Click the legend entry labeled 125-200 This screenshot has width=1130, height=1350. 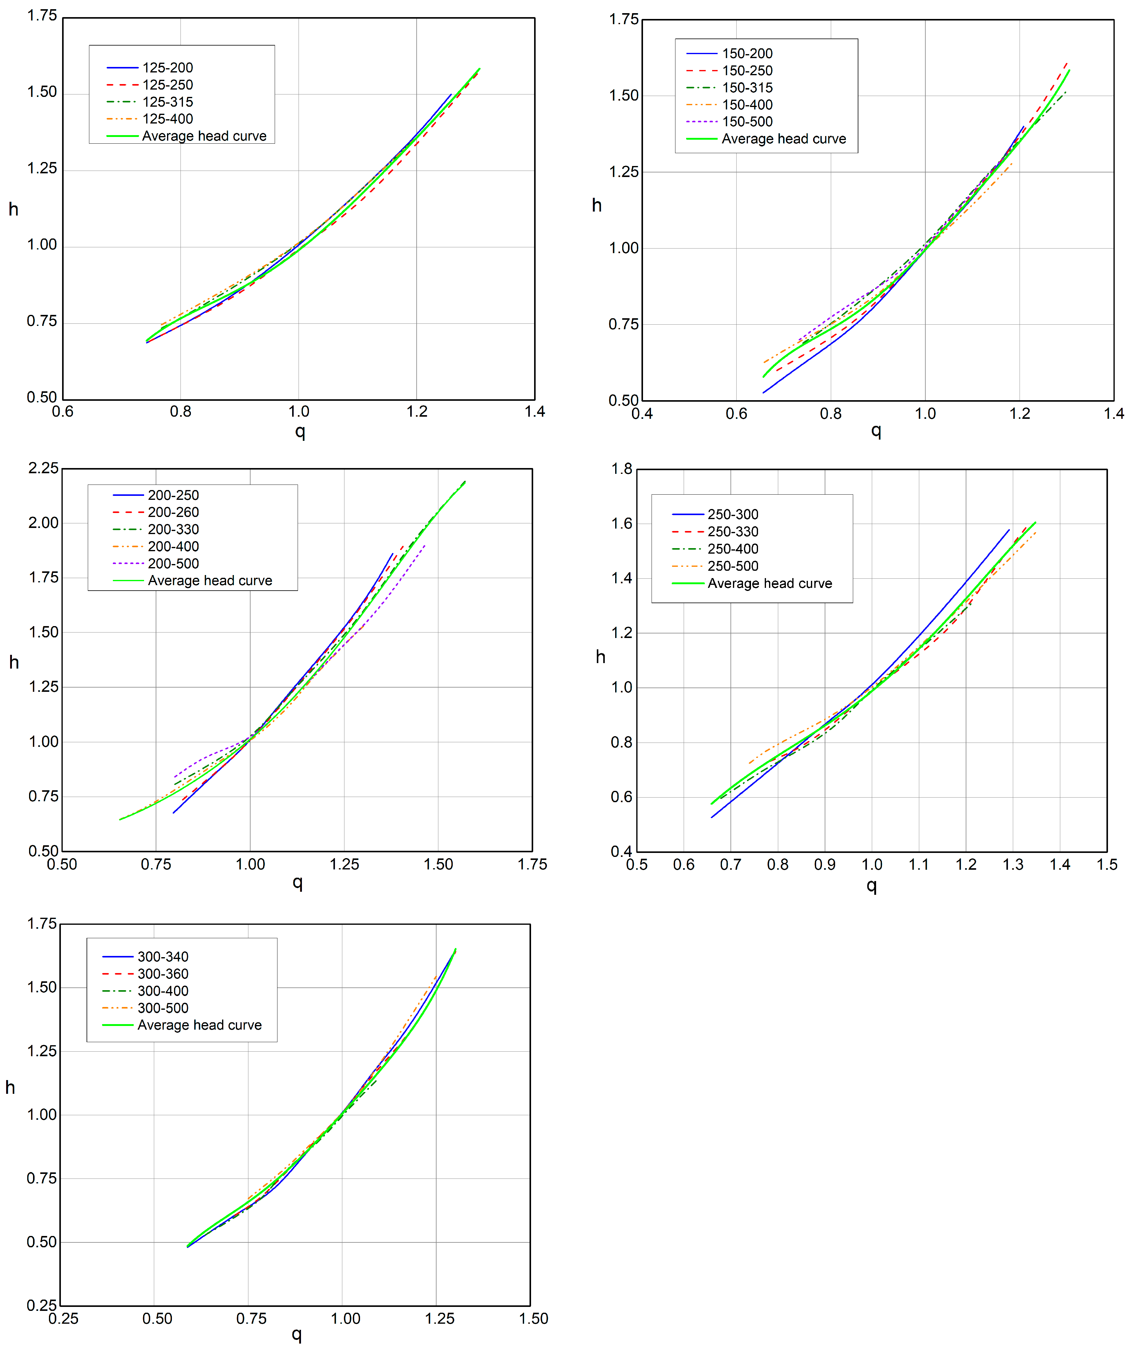pos(167,68)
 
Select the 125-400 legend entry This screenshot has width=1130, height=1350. pos(167,119)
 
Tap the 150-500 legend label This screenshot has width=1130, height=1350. pos(747,121)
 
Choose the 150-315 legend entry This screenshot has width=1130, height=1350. pos(747,87)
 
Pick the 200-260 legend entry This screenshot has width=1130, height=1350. pos(173,512)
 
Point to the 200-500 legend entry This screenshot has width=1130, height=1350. pos(173,564)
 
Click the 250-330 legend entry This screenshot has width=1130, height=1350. pos(733,532)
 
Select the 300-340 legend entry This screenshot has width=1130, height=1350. pos(163,957)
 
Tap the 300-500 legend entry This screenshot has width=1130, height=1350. pos(163,1008)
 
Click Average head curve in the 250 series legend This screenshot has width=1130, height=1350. pos(769,584)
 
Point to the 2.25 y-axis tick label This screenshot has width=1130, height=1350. pos(43,468)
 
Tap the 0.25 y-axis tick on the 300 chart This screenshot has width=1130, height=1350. pos(42,1306)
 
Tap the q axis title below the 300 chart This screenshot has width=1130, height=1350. pos(296,1335)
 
